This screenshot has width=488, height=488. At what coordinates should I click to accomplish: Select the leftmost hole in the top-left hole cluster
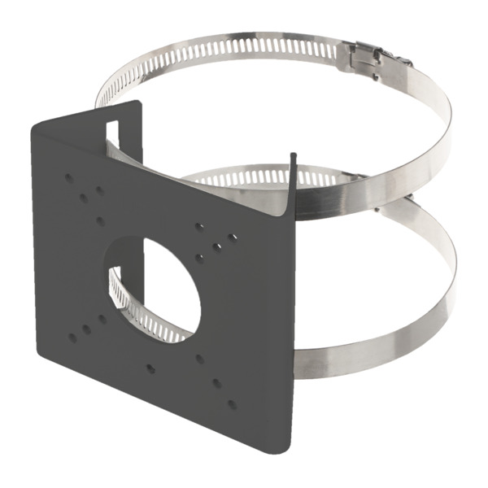(68, 176)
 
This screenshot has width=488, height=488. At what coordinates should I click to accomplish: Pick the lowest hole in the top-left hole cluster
(100, 220)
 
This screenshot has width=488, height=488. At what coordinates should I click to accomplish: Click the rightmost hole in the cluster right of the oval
(233, 237)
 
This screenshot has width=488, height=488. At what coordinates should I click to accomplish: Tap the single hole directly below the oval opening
(150, 368)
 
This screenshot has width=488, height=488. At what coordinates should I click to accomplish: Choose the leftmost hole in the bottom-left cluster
(72, 337)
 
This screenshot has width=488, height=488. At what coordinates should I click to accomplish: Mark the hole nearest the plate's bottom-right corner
(232, 403)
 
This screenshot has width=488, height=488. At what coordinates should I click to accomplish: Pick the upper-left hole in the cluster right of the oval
(199, 227)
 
